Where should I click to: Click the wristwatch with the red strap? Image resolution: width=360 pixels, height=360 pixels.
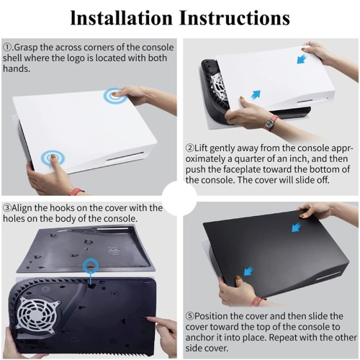click(x=271, y=122)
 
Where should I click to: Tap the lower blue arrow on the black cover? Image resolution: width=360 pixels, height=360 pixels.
click(x=248, y=271)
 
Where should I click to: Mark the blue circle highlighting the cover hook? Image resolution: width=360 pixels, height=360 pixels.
click(x=91, y=266)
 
